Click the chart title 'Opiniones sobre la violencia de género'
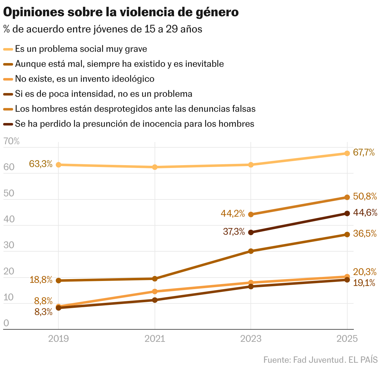coord(121,12)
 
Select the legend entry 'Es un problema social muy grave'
coord(81,49)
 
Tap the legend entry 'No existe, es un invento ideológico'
coord(85,79)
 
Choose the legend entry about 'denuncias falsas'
coord(135,109)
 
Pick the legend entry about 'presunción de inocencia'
coord(134,124)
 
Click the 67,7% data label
coord(364,152)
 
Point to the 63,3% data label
coord(41,164)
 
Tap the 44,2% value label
coord(233,214)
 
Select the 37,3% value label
coord(234,232)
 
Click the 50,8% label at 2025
coord(365,197)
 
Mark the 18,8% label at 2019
coord(41,280)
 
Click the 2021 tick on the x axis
coord(155,339)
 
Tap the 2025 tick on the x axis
coord(347,339)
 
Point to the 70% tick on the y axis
coord(11,141)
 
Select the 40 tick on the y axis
coord(9,219)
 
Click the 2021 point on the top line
coord(155,167)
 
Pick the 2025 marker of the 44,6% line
coord(347,214)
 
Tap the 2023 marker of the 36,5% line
coord(250,251)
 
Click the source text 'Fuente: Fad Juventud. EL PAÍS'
coord(320,360)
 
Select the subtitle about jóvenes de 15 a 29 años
coord(103,29)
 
